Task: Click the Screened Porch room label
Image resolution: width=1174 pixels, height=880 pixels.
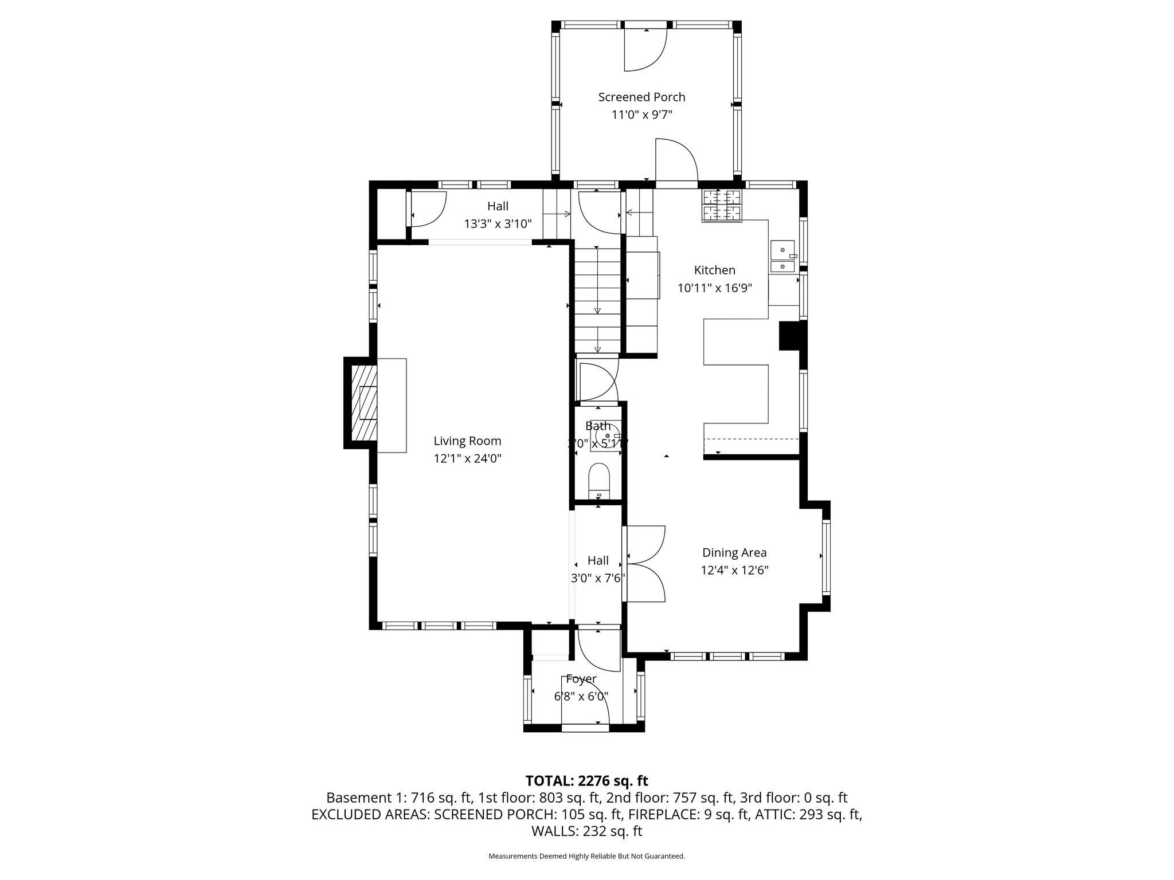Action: [641, 97]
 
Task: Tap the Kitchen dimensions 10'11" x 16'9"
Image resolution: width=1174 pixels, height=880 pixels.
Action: [714, 288]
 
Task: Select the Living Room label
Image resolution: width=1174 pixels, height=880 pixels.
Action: [467, 441]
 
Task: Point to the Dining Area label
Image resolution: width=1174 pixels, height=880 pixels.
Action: [734, 552]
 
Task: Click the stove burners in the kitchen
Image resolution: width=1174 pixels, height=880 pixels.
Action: [722, 205]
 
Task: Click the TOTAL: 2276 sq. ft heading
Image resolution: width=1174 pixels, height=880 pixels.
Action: [586, 780]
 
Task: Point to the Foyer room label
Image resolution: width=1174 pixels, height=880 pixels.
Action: [581, 679]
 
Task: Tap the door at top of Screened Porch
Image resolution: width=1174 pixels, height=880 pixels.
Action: [645, 49]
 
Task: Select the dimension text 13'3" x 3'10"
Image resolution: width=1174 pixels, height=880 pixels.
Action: [498, 224]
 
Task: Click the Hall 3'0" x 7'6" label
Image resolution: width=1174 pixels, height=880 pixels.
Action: [597, 569]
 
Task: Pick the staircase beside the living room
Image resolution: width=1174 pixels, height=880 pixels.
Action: [598, 298]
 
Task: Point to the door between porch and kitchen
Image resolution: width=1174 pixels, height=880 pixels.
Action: [676, 163]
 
